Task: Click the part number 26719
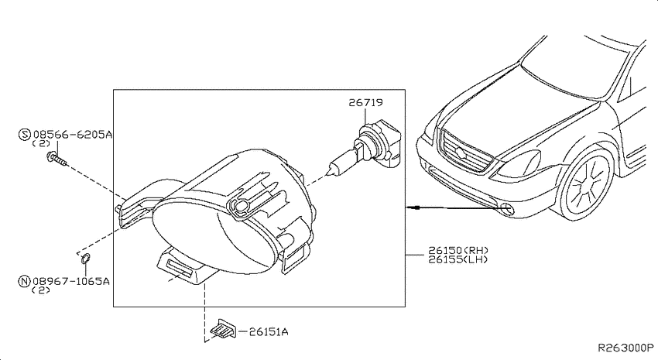tap(365, 102)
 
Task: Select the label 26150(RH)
tap(458, 251)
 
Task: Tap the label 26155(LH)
tap(458, 259)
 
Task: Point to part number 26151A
tap(269, 332)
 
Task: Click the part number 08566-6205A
tap(73, 135)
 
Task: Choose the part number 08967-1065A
tap(71, 281)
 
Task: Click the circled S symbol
tap(25, 134)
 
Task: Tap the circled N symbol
tap(24, 281)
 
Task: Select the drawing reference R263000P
tap(625, 348)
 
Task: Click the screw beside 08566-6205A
tap(57, 159)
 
